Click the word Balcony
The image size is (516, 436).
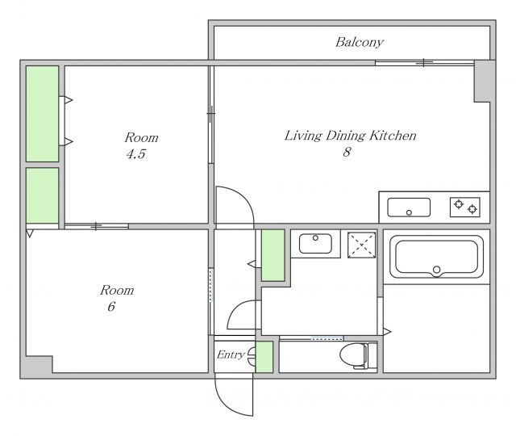pos(360,43)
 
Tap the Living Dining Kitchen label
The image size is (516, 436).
pos(350,136)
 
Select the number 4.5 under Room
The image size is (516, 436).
pos(136,154)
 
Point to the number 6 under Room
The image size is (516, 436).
pos(111,307)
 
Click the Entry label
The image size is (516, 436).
pos(231,355)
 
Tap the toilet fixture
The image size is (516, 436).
pos(358,356)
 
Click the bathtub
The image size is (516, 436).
pos(436,257)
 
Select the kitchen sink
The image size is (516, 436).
pos(409,208)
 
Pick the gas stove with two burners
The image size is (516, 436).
pos(465,207)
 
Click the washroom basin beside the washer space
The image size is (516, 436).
pos(315,244)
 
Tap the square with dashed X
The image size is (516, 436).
pos(361,245)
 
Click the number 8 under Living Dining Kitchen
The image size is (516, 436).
pos(347,152)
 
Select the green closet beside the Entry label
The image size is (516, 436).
pos(264,357)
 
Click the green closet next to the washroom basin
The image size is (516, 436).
pos(273,255)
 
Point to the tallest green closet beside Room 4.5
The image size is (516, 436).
pos(42,114)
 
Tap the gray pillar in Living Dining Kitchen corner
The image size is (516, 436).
pos(485,81)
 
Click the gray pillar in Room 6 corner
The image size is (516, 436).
pos(37,367)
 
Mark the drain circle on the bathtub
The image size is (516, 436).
pos(436,270)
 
